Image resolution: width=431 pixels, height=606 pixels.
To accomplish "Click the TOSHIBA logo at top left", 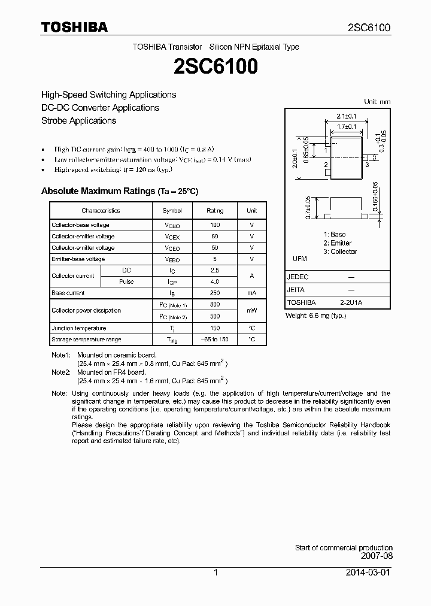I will point(74,27).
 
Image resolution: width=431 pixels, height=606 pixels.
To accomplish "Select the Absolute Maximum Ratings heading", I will point(119,191).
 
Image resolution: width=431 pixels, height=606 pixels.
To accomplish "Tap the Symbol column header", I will point(172,211).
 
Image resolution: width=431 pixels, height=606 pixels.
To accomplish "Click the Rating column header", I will point(215,211).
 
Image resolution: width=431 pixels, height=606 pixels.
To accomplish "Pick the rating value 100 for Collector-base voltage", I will point(215,225).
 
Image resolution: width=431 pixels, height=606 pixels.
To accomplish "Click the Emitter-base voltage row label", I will point(78,259).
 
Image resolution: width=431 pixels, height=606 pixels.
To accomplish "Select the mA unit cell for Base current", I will point(251,293).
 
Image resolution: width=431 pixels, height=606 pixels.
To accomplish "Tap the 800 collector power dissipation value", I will point(215,305).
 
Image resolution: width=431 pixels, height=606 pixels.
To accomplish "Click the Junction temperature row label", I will point(78,328).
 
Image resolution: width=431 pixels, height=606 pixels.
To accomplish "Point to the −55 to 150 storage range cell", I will point(215,340).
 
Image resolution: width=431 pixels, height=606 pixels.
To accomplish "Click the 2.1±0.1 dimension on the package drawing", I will point(346,116).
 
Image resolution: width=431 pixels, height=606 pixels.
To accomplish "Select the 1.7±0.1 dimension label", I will point(346,126).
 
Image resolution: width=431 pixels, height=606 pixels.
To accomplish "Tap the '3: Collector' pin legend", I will point(339,252).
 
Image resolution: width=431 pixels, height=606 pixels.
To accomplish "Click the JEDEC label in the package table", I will point(298,277).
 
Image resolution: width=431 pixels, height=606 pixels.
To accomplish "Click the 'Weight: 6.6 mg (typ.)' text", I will point(315,316).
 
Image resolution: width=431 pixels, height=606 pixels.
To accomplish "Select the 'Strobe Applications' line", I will point(78,120).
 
